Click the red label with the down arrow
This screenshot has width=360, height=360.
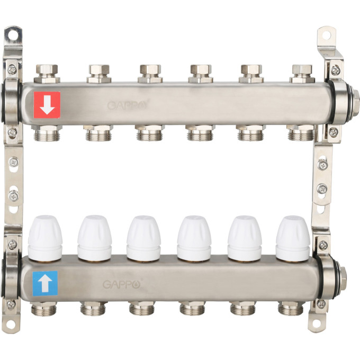[47, 105]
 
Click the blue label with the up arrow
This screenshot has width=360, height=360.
[45, 283]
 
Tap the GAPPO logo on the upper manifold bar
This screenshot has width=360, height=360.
[128, 105]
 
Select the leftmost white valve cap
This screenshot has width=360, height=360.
[45, 238]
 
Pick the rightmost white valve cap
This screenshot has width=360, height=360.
[293, 239]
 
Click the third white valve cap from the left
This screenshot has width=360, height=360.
[143, 239]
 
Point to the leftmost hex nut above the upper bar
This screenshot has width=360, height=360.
[47, 73]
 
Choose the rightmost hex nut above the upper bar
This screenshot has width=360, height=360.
[302, 73]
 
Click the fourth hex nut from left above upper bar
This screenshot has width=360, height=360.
[201, 73]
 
